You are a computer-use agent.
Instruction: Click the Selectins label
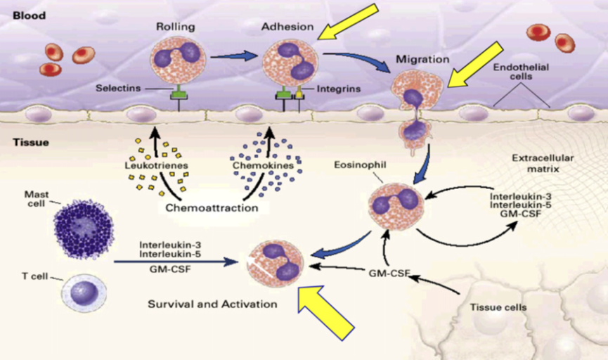119,89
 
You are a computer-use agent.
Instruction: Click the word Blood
29,15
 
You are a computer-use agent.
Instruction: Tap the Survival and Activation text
212,305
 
